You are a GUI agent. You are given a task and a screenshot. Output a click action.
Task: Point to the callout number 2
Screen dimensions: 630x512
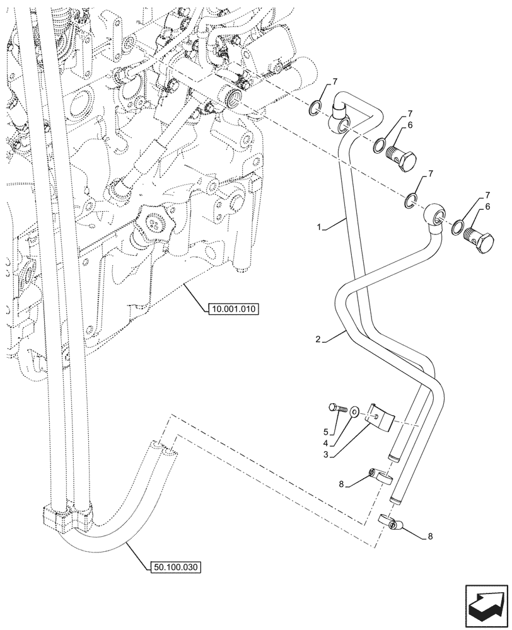coord(319,340)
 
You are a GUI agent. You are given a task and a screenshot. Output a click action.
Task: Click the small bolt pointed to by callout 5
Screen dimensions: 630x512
coord(337,408)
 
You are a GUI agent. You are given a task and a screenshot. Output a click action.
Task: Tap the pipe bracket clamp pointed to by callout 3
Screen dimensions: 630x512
coord(381,416)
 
